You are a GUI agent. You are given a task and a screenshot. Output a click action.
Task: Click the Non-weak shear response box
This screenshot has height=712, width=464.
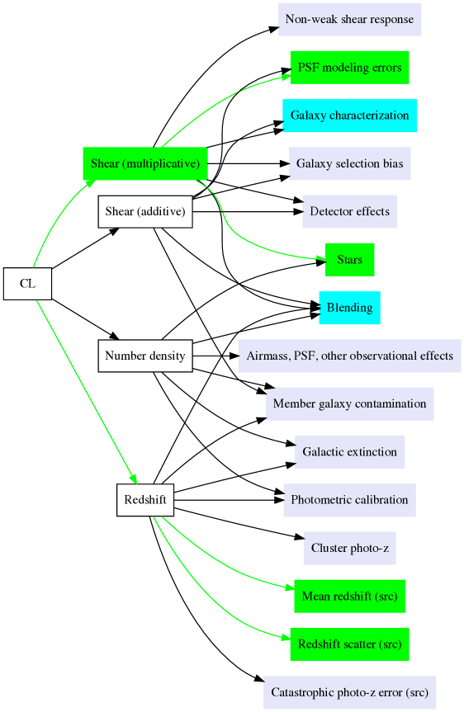[x=349, y=19]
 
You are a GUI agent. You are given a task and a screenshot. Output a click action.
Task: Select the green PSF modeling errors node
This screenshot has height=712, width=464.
[x=349, y=68]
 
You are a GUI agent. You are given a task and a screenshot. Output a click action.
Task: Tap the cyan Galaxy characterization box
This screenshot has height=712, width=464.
[x=349, y=116]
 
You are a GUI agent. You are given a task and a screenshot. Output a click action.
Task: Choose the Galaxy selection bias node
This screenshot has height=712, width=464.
[x=349, y=163]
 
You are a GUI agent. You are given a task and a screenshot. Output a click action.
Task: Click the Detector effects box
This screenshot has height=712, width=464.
[x=349, y=211]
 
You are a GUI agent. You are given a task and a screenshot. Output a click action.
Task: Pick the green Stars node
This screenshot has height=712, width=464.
[x=349, y=260]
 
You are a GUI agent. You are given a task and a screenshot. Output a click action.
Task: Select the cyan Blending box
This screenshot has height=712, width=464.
[x=349, y=308]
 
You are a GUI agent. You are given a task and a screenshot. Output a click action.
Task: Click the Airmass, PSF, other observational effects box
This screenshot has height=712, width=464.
[x=349, y=356]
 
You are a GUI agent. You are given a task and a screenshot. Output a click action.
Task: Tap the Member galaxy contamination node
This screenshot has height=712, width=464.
[x=349, y=403]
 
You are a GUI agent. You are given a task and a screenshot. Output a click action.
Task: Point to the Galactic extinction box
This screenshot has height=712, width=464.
[x=349, y=451]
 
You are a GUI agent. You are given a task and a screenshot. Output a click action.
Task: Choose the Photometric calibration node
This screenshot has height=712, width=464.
[x=349, y=500]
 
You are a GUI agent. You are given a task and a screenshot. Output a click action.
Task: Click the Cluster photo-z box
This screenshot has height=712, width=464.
[x=349, y=548]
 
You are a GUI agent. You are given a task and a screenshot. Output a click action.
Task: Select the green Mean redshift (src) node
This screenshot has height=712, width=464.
[x=349, y=596]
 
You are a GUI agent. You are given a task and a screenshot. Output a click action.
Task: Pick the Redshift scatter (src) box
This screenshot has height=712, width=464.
[x=349, y=644]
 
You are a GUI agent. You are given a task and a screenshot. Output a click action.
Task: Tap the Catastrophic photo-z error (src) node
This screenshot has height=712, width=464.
[x=349, y=692]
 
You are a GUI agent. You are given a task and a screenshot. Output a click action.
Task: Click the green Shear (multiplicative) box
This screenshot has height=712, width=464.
[x=145, y=163]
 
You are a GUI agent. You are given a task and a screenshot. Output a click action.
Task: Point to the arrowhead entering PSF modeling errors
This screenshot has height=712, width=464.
[x=286, y=77]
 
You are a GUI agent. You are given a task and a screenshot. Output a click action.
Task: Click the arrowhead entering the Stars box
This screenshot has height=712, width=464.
[x=320, y=259]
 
